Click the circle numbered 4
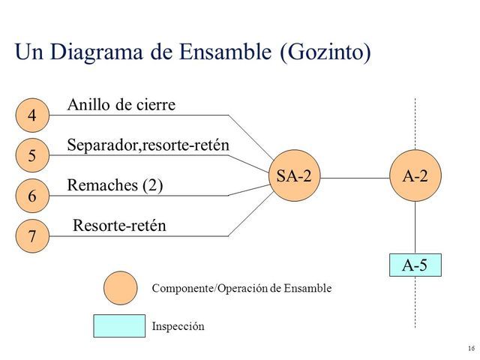click(32, 115)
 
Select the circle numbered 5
click(32, 156)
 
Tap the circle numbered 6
click(32, 196)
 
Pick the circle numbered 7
click(32, 237)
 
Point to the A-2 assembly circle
click(415, 178)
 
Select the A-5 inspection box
click(415, 265)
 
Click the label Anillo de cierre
click(121, 105)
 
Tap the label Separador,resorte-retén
click(148, 144)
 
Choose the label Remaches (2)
click(115, 185)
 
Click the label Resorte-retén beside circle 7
click(119, 225)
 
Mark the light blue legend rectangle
click(118, 326)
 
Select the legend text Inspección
click(178, 327)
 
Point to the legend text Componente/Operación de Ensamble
click(241, 288)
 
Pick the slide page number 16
click(470, 349)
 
